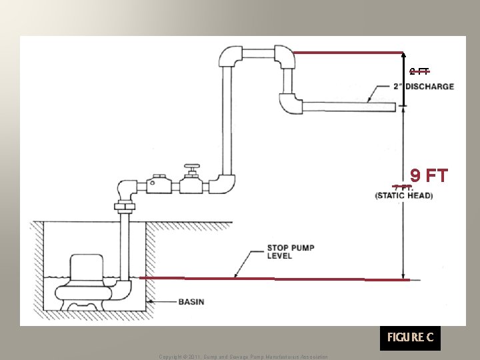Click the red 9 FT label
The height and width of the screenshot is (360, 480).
point(429,176)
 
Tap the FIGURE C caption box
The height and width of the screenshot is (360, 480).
point(410,337)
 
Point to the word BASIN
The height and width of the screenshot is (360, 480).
point(191,302)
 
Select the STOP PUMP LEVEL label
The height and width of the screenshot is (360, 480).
point(291,251)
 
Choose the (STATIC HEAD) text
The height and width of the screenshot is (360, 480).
point(404,195)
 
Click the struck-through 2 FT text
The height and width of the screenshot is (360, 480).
point(419,71)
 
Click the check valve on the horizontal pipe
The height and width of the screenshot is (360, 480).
point(159,185)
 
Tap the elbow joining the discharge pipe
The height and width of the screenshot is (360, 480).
point(289,103)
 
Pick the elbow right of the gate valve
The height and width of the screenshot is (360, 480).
point(225,182)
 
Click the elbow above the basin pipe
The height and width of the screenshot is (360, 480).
point(127,189)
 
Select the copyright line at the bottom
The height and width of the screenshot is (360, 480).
point(243,357)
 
